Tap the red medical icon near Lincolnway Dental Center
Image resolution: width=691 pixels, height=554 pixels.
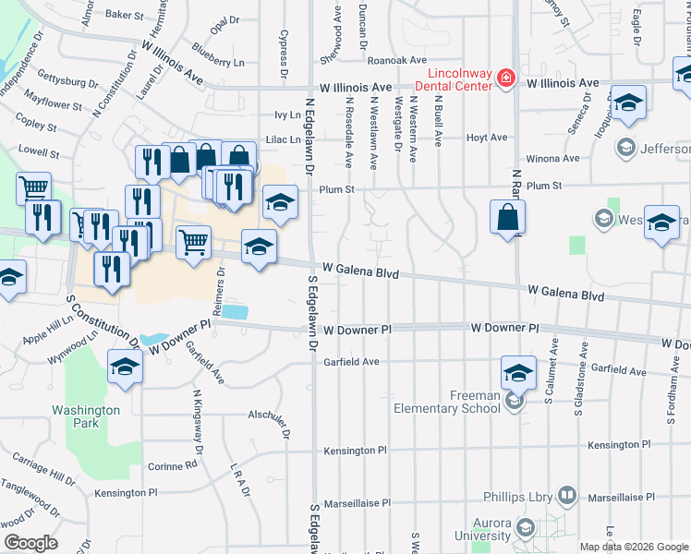click(x=505, y=78)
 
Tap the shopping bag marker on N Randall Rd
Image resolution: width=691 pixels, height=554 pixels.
click(x=507, y=219)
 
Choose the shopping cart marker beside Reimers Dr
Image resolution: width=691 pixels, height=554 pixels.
click(x=193, y=243)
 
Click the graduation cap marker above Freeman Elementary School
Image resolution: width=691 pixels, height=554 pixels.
click(x=519, y=373)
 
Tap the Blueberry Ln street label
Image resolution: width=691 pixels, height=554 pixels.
click(x=219, y=62)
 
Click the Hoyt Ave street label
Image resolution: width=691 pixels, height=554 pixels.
click(x=487, y=138)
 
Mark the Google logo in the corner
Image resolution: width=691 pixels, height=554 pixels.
click(x=30, y=543)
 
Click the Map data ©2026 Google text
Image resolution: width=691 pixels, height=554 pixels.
click(x=633, y=547)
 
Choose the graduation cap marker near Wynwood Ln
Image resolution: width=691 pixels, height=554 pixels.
click(x=125, y=367)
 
